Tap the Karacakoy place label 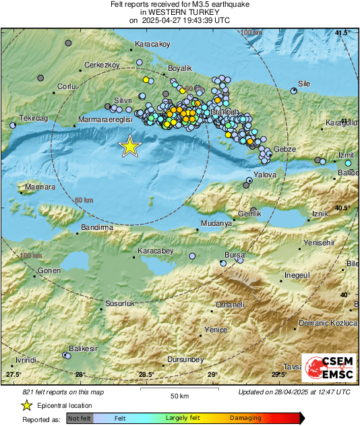[152, 44]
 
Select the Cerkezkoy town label [101, 65]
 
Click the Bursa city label [234, 255]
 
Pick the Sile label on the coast [303, 84]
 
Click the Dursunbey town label [185, 360]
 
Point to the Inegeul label [297, 275]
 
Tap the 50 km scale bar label [179, 396]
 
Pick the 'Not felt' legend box [78, 418]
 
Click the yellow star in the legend [26, 405]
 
